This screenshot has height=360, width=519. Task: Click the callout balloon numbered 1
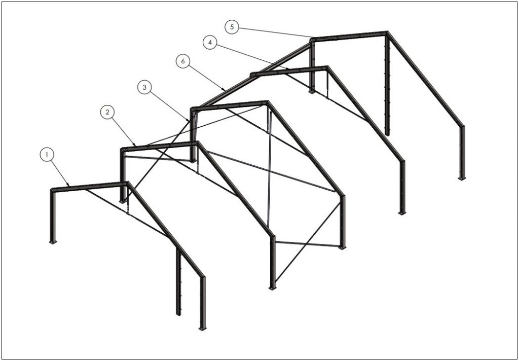click(x=47, y=154)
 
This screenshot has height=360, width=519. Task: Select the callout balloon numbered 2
click(x=107, y=112)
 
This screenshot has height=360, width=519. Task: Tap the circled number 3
click(x=144, y=87)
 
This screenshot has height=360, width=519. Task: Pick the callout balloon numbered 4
click(x=210, y=43)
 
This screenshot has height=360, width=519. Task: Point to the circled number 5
click(x=232, y=27)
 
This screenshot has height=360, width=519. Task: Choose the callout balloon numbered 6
click(x=183, y=61)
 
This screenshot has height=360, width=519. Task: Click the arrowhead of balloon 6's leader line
click(x=226, y=90)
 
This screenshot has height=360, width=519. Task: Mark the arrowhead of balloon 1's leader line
click(x=69, y=186)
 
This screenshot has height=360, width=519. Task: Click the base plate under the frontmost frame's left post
click(x=53, y=242)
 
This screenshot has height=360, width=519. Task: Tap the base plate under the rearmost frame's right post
click(x=462, y=178)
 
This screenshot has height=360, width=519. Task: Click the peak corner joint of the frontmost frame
click(x=127, y=184)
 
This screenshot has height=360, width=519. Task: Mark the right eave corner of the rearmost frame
click(x=462, y=127)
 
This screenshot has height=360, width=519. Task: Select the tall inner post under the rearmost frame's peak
click(x=387, y=85)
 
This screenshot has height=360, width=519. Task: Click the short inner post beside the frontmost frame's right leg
click(x=178, y=281)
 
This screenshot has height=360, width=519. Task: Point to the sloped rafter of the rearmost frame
click(x=425, y=79)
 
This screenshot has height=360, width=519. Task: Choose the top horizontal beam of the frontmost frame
click(x=89, y=186)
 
